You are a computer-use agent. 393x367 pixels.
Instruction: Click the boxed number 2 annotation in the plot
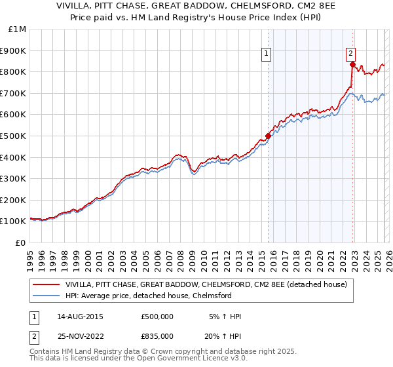click(x=351, y=54)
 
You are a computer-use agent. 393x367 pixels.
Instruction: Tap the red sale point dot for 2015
click(x=268, y=136)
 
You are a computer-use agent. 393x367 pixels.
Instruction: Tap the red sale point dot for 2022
click(x=352, y=64)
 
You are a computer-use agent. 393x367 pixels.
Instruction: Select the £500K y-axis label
click(x=14, y=136)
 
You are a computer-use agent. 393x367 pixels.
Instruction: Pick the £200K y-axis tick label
click(x=14, y=200)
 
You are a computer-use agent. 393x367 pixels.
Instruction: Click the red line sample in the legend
click(x=47, y=285)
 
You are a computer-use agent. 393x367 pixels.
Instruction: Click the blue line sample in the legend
click(x=47, y=296)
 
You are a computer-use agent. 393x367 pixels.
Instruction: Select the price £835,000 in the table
click(x=157, y=336)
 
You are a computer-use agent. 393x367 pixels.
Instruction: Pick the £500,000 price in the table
click(x=157, y=317)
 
